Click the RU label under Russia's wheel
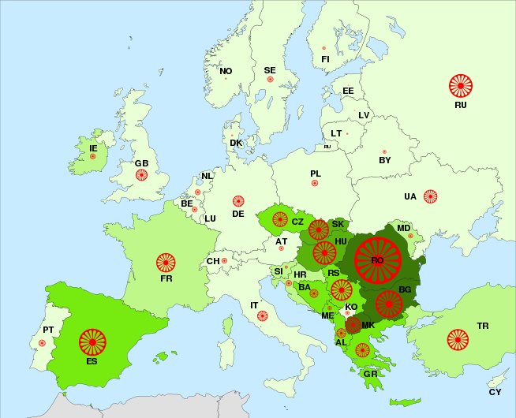point(461,104)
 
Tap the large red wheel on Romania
point(377,259)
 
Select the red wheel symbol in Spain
point(93,342)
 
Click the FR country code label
point(166,278)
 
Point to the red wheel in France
point(166,262)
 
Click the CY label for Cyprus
point(495,392)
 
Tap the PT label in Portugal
point(48,330)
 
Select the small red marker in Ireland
point(93,157)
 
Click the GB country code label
point(141,163)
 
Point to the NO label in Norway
point(226,71)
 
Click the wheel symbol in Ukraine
point(430,196)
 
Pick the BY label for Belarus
point(385,160)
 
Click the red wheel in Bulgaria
point(388,303)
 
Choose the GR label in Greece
point(370,374)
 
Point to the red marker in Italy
point(263,316)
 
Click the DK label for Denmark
point(236,143)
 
